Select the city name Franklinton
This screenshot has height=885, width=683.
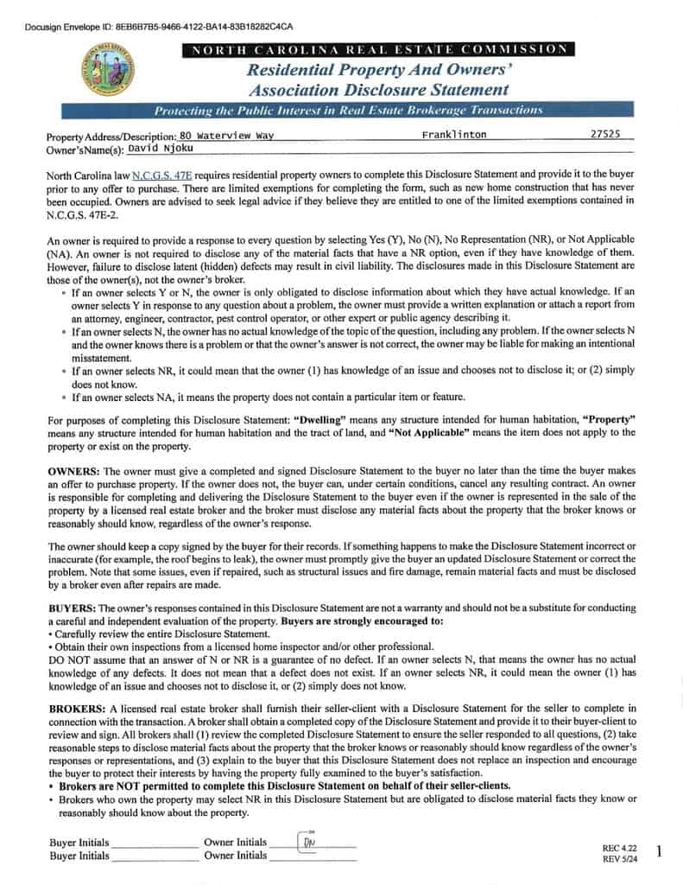click(454, 135)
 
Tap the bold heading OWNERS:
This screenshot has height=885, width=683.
click(74, 471)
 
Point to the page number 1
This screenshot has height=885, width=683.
click(659, 852)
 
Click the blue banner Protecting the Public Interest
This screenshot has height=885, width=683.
click(348, 110)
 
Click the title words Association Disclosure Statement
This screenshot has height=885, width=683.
click(378, 89)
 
